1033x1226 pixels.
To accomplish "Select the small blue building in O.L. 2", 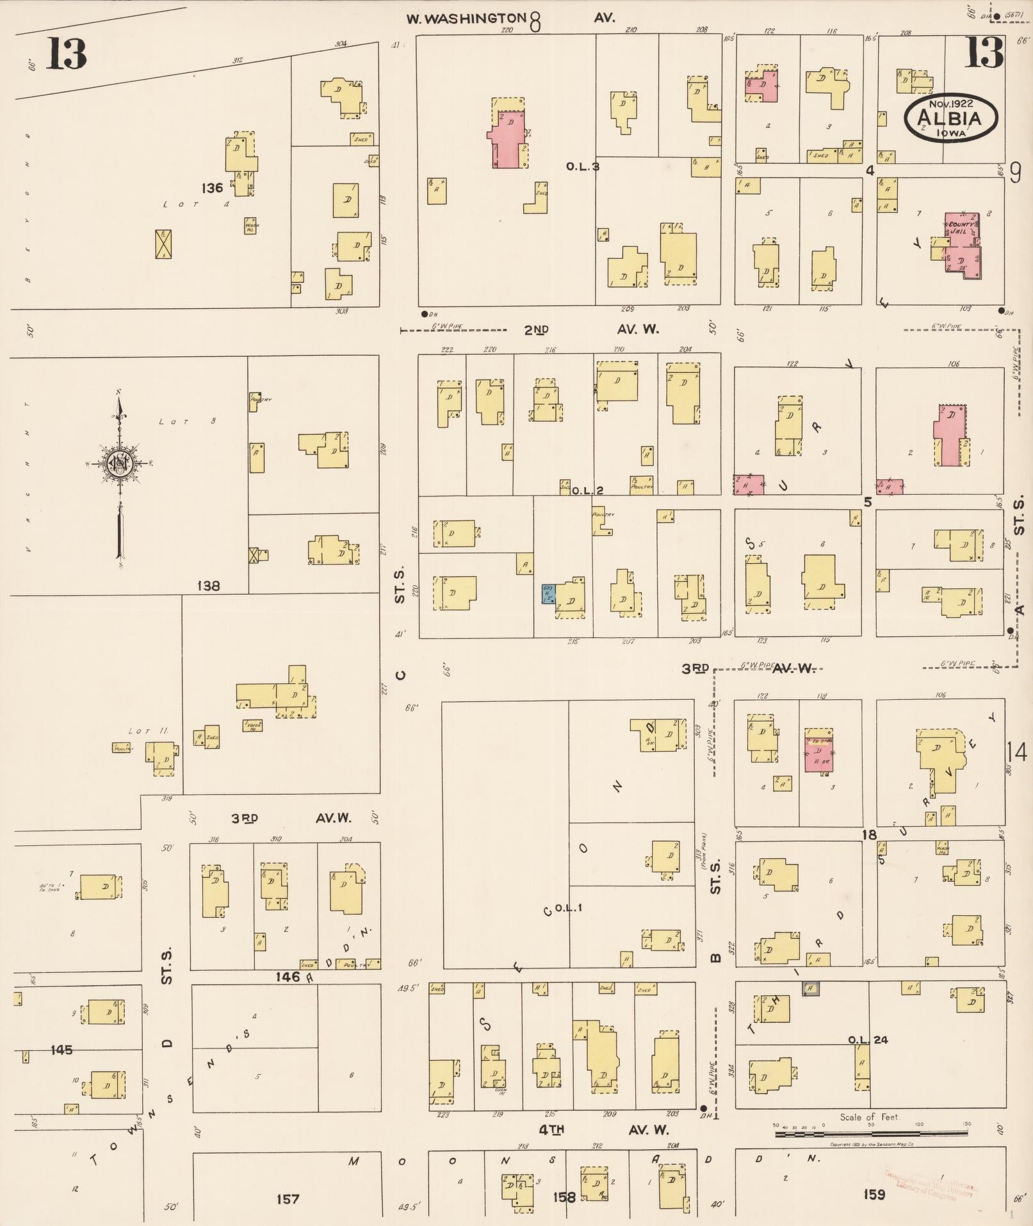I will click(x=548, y=594).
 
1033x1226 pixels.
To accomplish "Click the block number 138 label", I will click(x=209, y=585).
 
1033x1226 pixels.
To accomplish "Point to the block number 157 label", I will click(x=288, y=1198).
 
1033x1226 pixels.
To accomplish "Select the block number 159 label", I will click(x=874, y=1193).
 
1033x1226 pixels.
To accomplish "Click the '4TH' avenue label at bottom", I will click(x=550, y=1130).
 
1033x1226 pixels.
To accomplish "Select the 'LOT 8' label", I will click(x=187, y=422).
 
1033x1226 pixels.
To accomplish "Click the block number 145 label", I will click(x=61, y=1050).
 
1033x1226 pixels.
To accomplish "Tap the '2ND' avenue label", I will click(x=537, y=330).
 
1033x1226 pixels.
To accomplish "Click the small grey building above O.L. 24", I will click(x=811, y=989).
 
